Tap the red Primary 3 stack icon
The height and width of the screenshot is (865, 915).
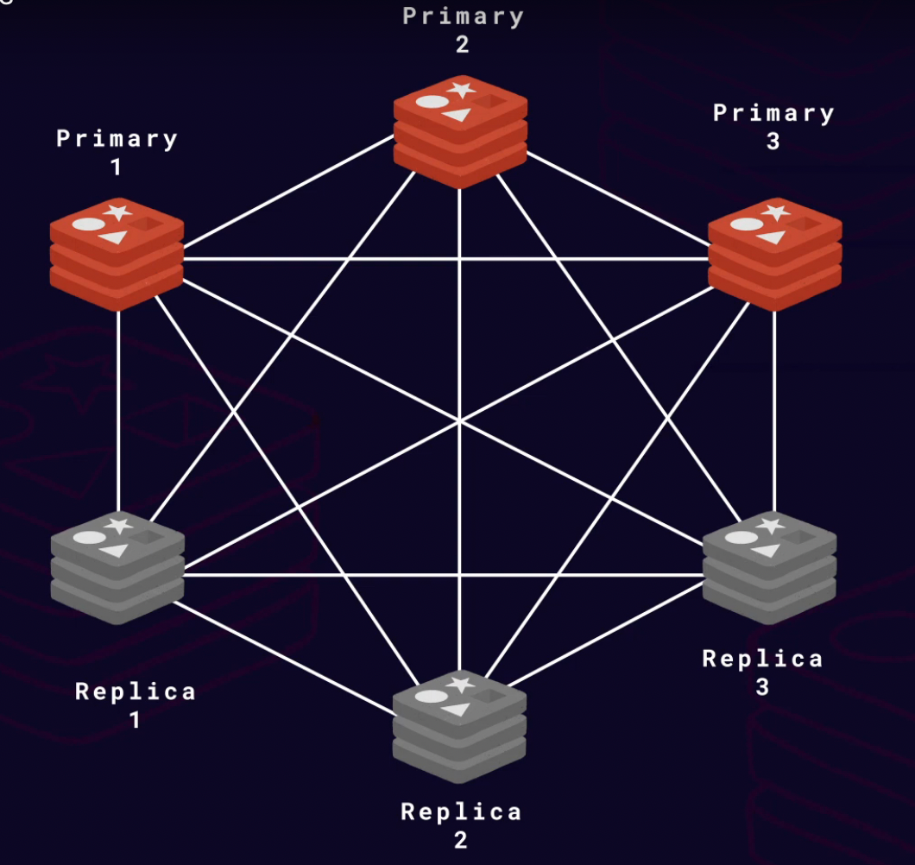coord(774,255)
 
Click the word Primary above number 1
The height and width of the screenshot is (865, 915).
coord(117,138)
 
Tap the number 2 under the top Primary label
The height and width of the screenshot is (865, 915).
coord(463,45)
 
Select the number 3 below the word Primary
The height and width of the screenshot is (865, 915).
coord(773,141)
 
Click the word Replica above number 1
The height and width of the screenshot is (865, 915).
coord(136,691)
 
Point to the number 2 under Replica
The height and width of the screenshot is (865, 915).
coord(461,839)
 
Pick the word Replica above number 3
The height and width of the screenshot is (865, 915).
coord(762,659)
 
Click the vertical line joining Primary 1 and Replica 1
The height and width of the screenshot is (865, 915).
coord(117,406)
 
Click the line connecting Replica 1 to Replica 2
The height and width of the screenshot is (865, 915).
coord(285,657)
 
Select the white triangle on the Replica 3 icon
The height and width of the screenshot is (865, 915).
coord(765,550)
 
